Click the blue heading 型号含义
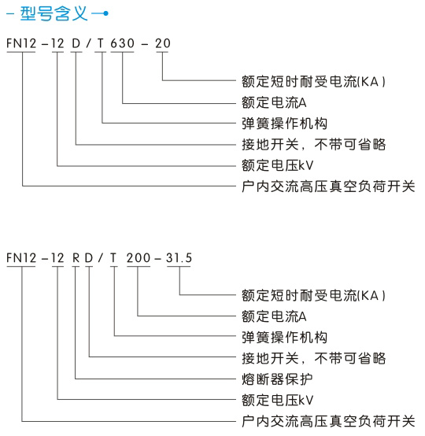coord(54,13)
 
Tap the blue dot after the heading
coord(105,13)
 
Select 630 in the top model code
coord(122,43)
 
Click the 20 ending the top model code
coord(163,43)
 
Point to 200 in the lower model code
coord(139,258)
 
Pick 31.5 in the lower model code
coord(179,258)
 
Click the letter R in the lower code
coord(76,258)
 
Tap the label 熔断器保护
coord(277,379)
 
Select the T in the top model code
coord(101,43)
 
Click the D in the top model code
coord(76,43)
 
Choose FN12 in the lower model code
coord(21,258)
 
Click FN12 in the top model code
coord(21,43)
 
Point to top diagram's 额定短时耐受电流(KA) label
coord(313,82)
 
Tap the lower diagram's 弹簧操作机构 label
coord(284,337)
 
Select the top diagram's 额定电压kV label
coord(277,165)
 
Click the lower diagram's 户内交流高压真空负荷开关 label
coord(328,421)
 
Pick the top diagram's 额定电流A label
coord(274,102)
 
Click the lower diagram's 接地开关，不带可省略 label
coord(314,358)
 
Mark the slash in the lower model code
coord(100,258)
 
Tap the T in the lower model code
coord(113,258)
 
